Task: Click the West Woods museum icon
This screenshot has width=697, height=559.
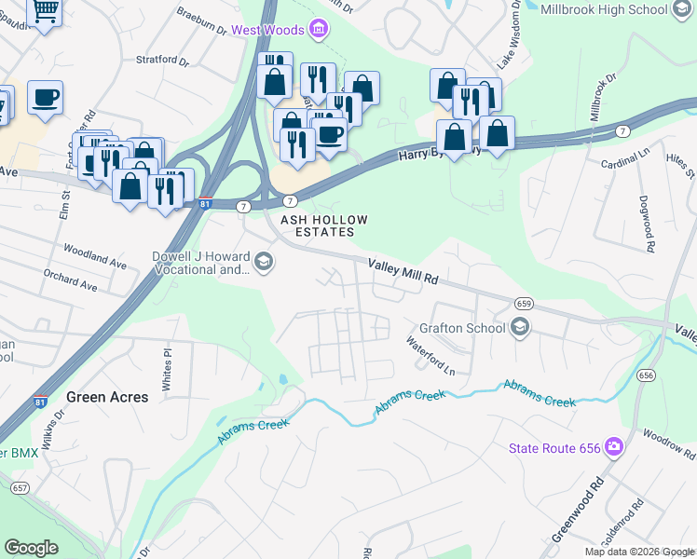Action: click(x=320, y=29)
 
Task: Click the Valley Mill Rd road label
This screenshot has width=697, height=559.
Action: click(x=403, y=271)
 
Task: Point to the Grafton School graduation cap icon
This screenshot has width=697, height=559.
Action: click(x=520, y=328)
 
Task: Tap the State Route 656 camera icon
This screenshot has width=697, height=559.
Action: click(x=612, y=448)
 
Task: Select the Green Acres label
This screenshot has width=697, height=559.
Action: click(x=107, y=397)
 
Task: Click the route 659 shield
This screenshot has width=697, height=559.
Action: click(x=522, y=303)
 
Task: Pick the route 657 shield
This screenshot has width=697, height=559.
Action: click(x=20, y=487)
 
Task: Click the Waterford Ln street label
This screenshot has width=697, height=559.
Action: click(x=430, y=356)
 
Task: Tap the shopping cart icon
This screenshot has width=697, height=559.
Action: click(x=44, y=10)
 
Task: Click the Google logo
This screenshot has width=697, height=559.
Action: click(x=31, y=548)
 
